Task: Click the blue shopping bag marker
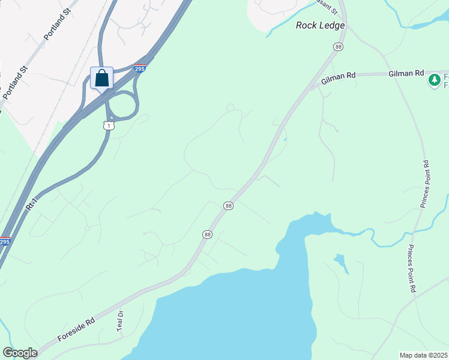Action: coord(102,78)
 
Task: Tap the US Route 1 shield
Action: coord(108,125)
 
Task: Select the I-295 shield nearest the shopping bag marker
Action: coord(140,69)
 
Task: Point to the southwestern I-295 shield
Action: coord(5,242)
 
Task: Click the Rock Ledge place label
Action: coord(321,25)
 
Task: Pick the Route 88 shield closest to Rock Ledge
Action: coord(339,47)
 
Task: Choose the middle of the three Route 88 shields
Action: coord(228,206)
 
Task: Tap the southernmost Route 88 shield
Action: coord(207,235)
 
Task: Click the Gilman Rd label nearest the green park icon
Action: coord(406,73)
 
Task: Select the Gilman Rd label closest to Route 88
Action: coord(339,76)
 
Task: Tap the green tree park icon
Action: coord(434,79)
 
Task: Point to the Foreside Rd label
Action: coord(76,330)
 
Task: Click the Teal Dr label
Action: coord(120,321)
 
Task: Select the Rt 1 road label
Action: coord(32,203)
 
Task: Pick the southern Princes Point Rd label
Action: coord(412,268)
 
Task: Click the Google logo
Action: coord(20,353)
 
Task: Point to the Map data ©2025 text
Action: coord(424,355)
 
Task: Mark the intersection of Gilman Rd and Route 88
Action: coord(313,87)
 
